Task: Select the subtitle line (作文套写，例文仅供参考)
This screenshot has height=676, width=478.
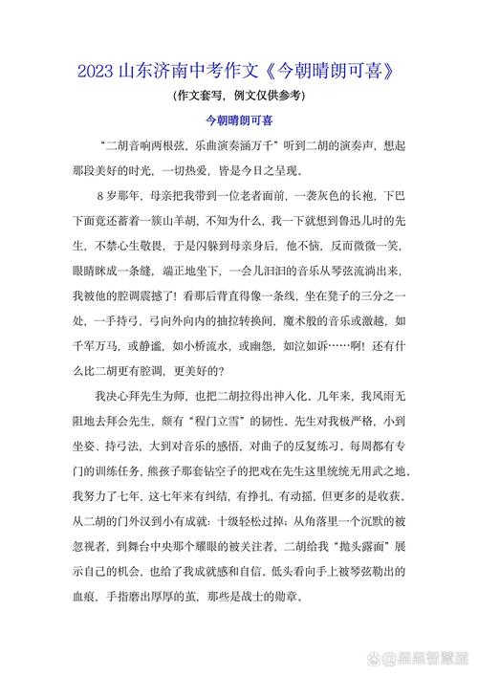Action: click(x=239, y=96)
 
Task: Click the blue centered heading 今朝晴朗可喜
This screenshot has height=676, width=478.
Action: click(x=239, y=121)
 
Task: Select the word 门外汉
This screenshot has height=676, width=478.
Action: click(x=137, y=495)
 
